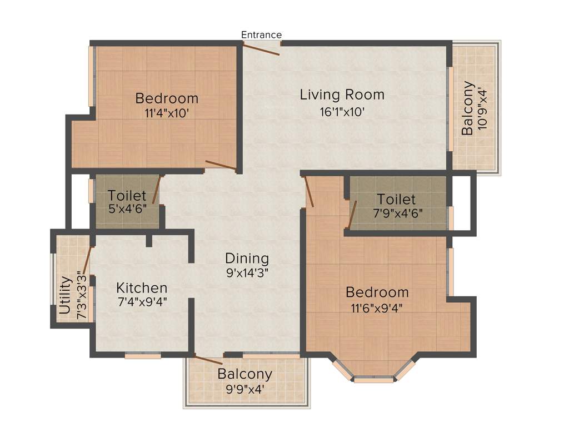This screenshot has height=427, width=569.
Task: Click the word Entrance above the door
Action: pos(261,35)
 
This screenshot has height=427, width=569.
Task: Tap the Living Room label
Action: pos(342,95)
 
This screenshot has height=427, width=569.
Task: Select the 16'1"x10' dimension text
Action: pos(342,111)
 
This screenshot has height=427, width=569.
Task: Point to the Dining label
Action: pos(247,259)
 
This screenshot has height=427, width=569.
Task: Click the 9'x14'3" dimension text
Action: pos(247,273)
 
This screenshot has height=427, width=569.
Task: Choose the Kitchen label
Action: pos(142,288)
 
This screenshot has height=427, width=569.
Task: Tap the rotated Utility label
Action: pos(66,297)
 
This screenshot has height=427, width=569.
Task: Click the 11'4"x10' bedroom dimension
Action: pos(167,113)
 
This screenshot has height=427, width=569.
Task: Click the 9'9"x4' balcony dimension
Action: pos(244,389)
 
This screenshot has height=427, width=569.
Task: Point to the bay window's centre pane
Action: pos(373,380)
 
